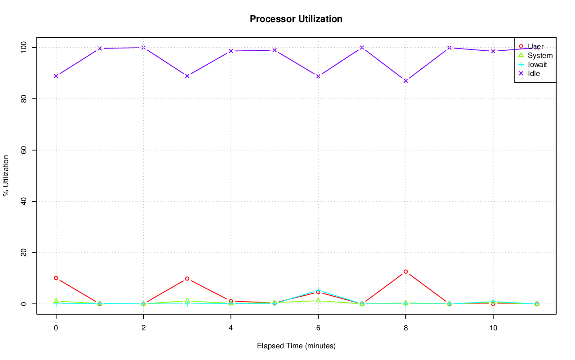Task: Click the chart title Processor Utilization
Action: pyautogui.click(x=296, y=19)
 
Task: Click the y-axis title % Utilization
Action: pyautogui.click(x=6, y=175)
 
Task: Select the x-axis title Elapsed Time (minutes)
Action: pyautogui.click(x=296, y=346)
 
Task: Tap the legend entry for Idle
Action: pyautogui.click(x=534, y=73)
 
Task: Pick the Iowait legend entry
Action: pyautogui.click(x=537, y=64)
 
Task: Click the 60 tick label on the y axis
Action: pyautogui.click(x=25, y=150)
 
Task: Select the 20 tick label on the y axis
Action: pyautogui.click(x=25, y=253)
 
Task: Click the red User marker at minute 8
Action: pyautogui.click(x=406, y=271)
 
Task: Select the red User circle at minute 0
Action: pyautogui.click(x=56, y=278)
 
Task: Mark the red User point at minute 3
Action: pyautogui.click(x=187, y=279)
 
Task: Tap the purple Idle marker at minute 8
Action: pyautogui.click(x=406, y=81)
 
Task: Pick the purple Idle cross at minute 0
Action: pyautogui.click(x=56, y=76)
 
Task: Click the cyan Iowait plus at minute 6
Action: pyautogui.click(x=318, y=290)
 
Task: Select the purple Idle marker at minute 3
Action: pyautogui.click(x=187, y=76)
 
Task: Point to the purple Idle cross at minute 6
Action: pyautogui.click(x=318, y=76)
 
